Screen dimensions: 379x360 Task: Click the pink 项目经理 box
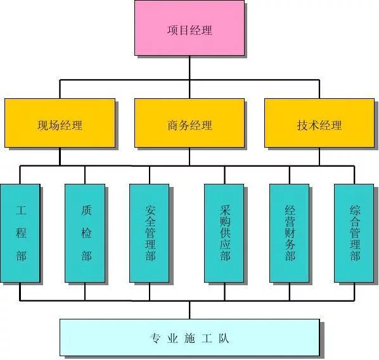pos(189,28)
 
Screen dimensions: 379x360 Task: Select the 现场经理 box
pos(60,123)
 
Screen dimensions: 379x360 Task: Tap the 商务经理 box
pos(189,123)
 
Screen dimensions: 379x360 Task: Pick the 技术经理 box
pos(319,123)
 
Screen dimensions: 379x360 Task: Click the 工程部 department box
pos(20,233)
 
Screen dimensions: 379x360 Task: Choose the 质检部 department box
pos(85,233)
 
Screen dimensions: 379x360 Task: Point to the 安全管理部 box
pos(150,233)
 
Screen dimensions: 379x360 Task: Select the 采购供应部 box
pos(224,233)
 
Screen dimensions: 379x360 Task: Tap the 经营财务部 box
pos(290,233)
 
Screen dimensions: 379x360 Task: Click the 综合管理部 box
pos(354,233)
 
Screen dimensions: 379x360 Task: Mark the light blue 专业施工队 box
pos(189,337)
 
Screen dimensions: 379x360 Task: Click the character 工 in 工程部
pos(21,210)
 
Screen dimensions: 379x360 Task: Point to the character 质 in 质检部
pos(86,210)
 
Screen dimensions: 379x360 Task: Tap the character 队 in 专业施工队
pos(224,338)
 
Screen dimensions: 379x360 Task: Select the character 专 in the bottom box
pos(155,338)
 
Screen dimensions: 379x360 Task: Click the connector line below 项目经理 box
pos(189,68)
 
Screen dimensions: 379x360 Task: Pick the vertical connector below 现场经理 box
pos(60,157)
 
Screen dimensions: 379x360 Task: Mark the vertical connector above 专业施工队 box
pos(189,310)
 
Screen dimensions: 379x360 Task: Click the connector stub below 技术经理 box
pos(319,157)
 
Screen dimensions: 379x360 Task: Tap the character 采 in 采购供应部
pos(225,210)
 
